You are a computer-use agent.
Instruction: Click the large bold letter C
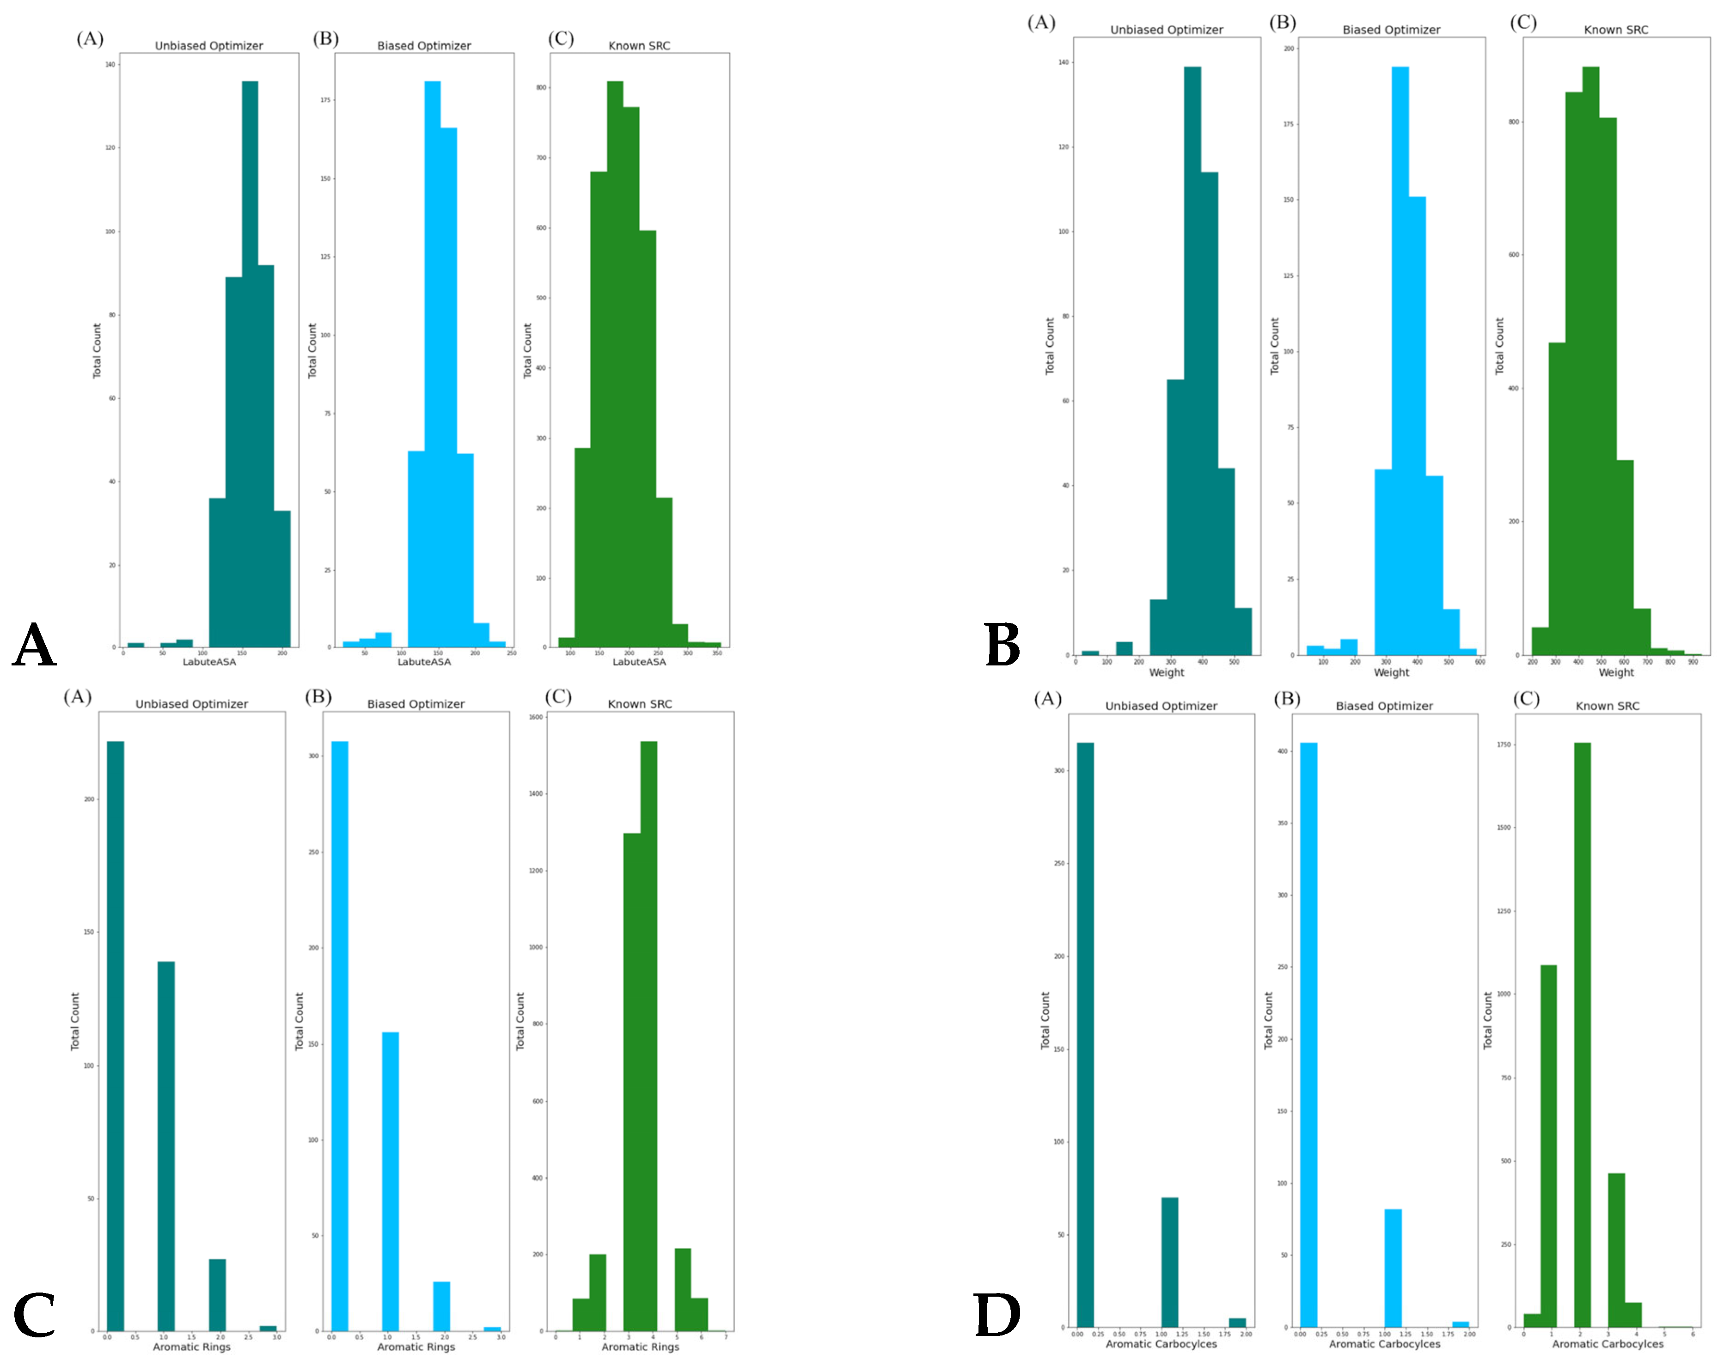(34, 1315)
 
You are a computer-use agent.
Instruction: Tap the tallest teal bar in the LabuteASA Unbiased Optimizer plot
(250, 360)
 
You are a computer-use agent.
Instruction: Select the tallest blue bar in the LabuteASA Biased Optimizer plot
(432, 360)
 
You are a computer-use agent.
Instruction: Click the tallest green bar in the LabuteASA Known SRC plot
(614, 360)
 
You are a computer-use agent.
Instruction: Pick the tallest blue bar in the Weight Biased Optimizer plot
(1400, 360)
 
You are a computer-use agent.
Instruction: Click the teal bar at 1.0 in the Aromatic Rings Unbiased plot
(165, 1143)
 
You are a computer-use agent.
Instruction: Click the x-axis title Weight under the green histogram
(1615, 672)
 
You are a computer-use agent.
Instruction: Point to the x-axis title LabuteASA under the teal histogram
(209, 662)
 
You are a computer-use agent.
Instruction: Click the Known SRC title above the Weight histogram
(1615, 30)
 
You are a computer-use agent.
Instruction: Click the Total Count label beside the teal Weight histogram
(1049, 346)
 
